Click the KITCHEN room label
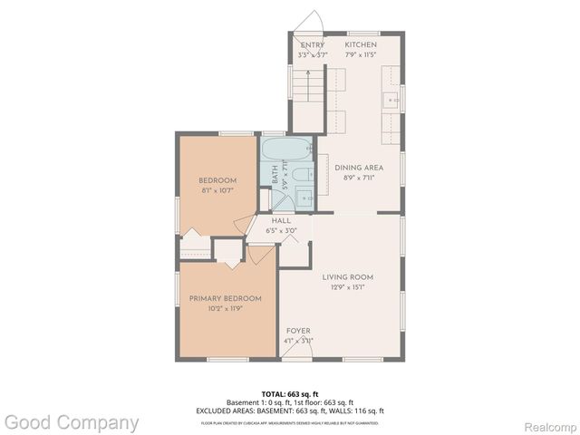point(361,44)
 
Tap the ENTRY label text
point(313,44)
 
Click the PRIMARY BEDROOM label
point(225,298)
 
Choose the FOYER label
point(299,331)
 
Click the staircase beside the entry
point(305,85)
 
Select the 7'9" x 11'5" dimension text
point(361,54)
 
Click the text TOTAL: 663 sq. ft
point(289,393)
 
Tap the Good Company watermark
point(71,422)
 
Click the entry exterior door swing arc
point(310,20)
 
